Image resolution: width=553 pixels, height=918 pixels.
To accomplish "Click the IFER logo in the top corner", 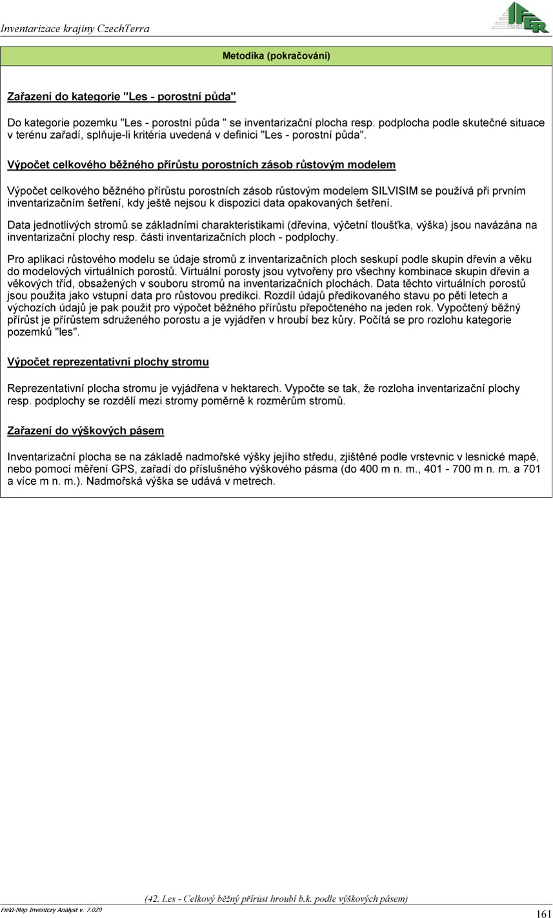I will click(x=520, y=17).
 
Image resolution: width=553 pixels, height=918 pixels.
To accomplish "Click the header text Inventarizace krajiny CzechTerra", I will click(x=75, y=28).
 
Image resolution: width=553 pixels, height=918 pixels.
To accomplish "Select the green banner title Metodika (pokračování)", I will click(x=276, y=56).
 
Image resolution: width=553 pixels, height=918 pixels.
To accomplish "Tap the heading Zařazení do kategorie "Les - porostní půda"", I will click(x=121, y=97).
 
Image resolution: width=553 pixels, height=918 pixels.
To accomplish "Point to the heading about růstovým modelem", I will click(x=201, y=165).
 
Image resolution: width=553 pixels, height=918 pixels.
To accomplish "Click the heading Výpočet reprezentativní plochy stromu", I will click(x=108, y=362).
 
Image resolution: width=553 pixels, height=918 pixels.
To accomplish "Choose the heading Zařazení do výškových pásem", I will click(x=85, y=431).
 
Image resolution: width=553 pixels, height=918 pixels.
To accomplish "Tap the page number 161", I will click(x=543, y=913).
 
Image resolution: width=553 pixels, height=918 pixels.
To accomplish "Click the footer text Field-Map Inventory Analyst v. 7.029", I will click(x=51, y=910).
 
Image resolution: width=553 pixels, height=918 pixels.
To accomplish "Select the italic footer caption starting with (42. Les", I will click(x=276, y=899).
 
